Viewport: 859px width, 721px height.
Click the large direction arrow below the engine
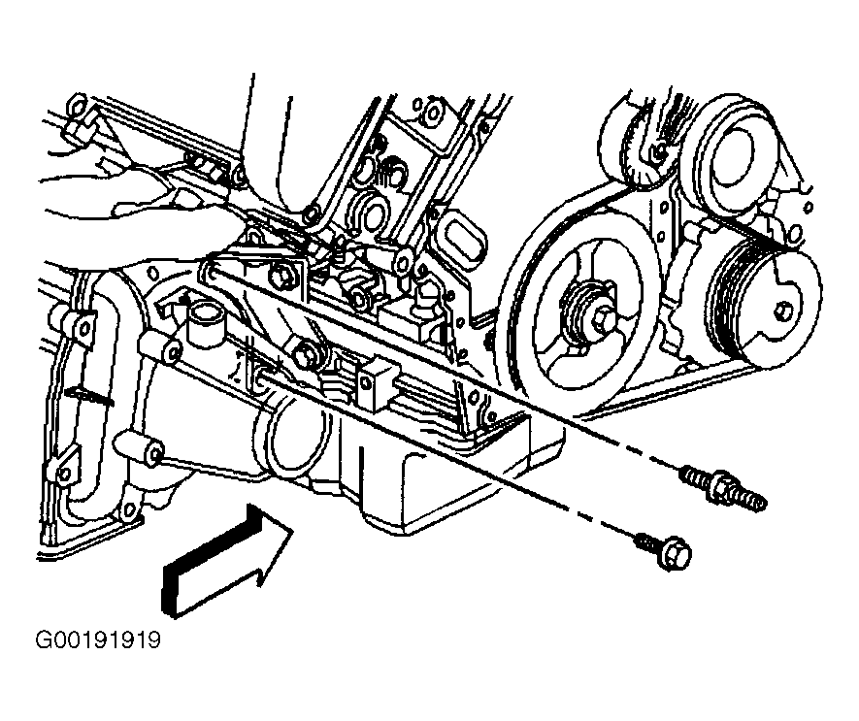click(x=227, y=561)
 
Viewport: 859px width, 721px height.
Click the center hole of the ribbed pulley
click(x=781, y=311)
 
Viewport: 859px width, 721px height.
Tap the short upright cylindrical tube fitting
click(x=202, y=324)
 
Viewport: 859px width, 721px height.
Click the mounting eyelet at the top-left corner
click(x=77, y=105)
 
